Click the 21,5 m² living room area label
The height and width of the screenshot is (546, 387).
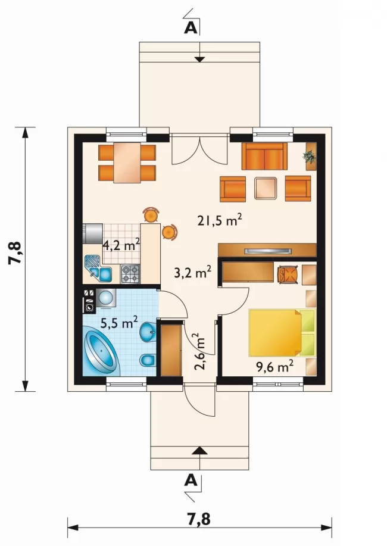[x=220, y=220]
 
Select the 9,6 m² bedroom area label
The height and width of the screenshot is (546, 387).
[x=275, y=367]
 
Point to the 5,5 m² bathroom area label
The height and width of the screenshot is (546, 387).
[x=119, y=323]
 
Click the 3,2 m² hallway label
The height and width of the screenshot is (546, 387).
[x=193, y=273]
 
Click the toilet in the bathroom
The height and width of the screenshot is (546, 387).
[x=148, y=360]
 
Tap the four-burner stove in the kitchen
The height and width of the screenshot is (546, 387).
[x=130, y=274]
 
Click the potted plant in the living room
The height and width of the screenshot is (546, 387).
[x=310, y=157]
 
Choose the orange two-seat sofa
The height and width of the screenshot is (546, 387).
[x=264, y=156]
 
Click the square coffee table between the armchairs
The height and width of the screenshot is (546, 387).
[x=266, y=188]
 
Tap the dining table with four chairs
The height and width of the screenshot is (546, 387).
[x=127, y=163]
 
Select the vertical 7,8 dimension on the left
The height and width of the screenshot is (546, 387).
[x=15, y=254]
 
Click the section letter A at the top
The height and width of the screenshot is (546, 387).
[x=191, y=28]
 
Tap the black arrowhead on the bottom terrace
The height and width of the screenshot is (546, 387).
[x=199, y=451]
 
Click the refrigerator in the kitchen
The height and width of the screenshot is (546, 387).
[x=93, y=233]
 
